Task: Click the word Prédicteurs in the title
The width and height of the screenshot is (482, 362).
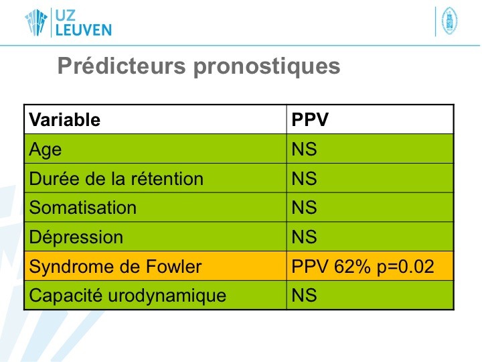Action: click(x=122, y=65)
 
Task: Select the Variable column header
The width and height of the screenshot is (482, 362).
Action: click(x=64, y=119)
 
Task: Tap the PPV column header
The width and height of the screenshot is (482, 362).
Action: click(x=310, y=119)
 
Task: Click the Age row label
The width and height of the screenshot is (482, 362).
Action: click(x=46, y=150)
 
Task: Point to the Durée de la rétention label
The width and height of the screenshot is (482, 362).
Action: click(x=116, y=178)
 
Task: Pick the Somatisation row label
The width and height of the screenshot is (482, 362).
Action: click(x=83, y=207)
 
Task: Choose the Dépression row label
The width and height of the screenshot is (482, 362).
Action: click(x=76, y=237)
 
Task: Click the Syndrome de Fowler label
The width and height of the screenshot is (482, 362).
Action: click(x=115, y=267)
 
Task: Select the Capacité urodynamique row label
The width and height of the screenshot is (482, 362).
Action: click(x=128, y=296)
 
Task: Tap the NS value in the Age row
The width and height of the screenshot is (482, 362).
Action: click(x=304, y=149)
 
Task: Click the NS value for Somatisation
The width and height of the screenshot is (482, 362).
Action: click(x=304, y=207)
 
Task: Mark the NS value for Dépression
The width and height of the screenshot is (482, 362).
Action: click(x=304, y=237)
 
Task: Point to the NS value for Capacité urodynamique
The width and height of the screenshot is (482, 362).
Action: click(x=304, y=295)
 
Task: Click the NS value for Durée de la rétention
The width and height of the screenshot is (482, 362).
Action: click(x=304, y=178)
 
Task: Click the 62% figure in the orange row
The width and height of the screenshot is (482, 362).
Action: click(x=352, y=267)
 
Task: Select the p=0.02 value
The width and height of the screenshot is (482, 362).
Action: click(x=406, y=267)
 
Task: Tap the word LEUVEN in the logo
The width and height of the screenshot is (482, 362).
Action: click(x=84, y=30)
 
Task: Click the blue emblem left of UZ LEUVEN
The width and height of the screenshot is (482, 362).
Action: click(x=36, y=22)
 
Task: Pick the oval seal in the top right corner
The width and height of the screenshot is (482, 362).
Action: click(x=449, y=21)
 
